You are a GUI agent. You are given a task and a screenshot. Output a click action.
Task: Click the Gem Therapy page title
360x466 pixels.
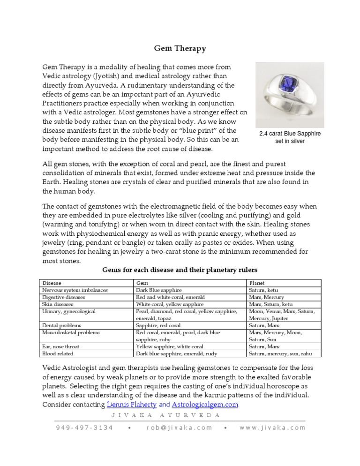[180, 48]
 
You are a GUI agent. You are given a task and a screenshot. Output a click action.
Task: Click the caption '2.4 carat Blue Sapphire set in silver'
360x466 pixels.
[290, 137]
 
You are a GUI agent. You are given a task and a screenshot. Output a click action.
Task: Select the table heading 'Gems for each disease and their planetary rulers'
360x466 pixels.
[180, 270]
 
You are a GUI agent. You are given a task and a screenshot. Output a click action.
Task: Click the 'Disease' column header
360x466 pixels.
[52, 283]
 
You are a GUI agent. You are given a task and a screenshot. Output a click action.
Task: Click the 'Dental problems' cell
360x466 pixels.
[62, 325]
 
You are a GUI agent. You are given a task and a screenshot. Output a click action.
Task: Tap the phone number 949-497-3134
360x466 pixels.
[84, 428]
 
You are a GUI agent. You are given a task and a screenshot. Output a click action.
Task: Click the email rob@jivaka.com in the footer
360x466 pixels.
[179, 428]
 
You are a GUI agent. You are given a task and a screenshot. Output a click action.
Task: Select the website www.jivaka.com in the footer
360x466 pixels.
[272, 428]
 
